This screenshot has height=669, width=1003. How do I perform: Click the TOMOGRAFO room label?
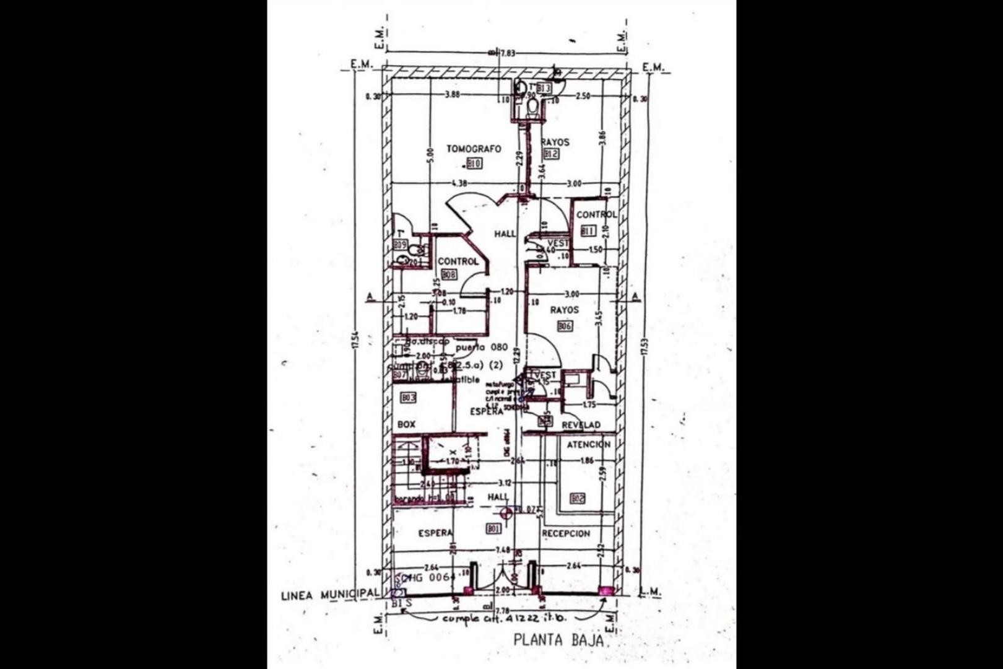pos(474,149)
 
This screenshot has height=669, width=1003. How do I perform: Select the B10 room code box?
pos(475,164)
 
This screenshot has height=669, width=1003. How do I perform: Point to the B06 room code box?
pos(565,326)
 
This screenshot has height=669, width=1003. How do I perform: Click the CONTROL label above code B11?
pos(596,214)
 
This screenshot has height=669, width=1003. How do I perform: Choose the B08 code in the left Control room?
pos(448,274)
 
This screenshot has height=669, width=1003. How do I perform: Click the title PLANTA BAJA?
pos(558,640)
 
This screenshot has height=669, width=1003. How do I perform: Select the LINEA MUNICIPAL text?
pos(329,595)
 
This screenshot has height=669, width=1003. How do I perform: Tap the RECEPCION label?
pos(566,533)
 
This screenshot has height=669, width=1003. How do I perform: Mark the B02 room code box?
pos(577,498)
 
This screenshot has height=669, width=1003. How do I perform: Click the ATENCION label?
pos(588,445)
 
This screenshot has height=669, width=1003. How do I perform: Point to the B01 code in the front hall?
pos(493,528)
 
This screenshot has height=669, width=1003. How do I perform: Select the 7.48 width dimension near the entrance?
pos(503,550)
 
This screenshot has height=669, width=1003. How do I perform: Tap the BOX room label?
pos(406,424)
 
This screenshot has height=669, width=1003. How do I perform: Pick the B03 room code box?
pos(408,398)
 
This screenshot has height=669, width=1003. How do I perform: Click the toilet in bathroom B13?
pos(532,108)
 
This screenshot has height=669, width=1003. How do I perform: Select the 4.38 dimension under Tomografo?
pos(459,183)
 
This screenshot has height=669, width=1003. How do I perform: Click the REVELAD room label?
pos(581,425)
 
